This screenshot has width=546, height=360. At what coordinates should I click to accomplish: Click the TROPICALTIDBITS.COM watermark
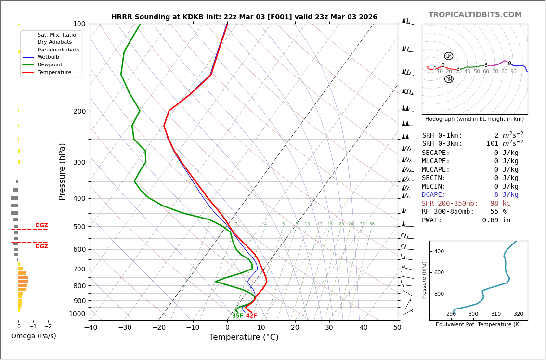click(x=475, y=15)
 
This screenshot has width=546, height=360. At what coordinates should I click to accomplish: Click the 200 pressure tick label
click(x=79, y=111)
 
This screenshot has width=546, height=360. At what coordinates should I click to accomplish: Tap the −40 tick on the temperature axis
click(x=91, y=328)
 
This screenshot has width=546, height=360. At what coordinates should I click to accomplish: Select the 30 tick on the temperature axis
click(x=329, y=328)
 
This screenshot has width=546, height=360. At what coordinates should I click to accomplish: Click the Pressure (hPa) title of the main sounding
click(x=62, y=171)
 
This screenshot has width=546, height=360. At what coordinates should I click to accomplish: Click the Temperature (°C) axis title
click(x=244, y=338)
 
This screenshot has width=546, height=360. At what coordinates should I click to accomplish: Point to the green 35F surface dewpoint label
click(x=238, y=316)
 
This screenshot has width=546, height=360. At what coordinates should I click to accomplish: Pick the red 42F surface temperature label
click(x=251, y=316)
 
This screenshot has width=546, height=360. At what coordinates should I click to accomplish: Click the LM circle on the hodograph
click(x=449, y=56)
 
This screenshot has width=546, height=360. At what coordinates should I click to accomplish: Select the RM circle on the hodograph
click(x=449, y=79)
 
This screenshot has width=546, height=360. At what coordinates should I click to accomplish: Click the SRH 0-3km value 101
click(x=492, y=144)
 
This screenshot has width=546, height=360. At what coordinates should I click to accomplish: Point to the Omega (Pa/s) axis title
click(x=34, y=336)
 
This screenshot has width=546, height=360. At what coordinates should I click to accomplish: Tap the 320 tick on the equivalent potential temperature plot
click(x=518, y=314)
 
